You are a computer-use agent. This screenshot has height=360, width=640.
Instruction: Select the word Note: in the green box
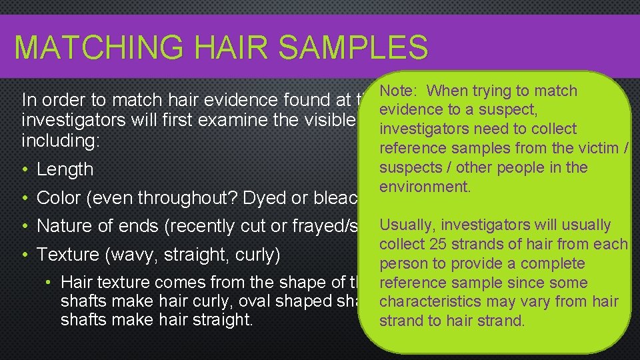click(400, 91)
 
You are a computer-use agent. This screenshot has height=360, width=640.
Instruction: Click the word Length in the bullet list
click(65, 169)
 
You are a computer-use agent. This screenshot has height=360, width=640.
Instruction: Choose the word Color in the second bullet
click(58, 198)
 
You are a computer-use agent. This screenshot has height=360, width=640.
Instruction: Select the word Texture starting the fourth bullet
click(65, 255)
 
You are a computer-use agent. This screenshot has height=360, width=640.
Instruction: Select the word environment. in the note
click(425, 187)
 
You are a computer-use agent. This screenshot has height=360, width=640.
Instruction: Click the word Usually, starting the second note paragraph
click(406, 225)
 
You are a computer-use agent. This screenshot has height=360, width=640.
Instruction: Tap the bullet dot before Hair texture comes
click(50, 283)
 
